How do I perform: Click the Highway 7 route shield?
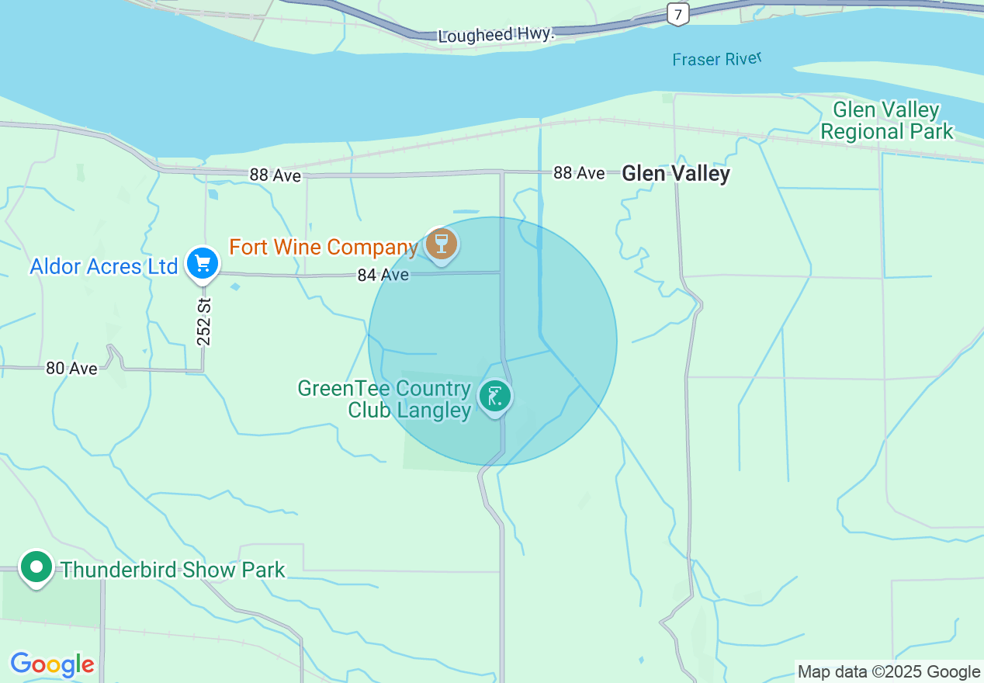(677, 13)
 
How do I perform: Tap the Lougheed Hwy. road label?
(497, 35)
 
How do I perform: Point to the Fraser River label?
(717, 59)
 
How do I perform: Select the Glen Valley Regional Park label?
(886, 120)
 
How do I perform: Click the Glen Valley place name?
(676, 173)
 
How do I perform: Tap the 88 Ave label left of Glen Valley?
(578, 172)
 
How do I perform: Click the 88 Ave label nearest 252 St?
(275, 175)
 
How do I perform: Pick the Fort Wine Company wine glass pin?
(442, 244)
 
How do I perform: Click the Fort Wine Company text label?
(324, 248)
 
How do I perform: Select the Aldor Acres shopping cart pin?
(203, 264)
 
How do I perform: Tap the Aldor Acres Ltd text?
(104, 267)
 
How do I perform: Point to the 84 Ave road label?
(383, 275)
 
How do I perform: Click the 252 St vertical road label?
(204, 321)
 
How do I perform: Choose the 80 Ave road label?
(71, 368)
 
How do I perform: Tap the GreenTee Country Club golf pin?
(494, 396)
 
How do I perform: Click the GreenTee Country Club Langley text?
(385, 399)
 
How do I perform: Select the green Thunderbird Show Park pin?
(36, 567)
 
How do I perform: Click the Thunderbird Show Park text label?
(173, 570)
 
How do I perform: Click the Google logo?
(52, 664)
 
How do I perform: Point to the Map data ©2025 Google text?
(889, 672)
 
